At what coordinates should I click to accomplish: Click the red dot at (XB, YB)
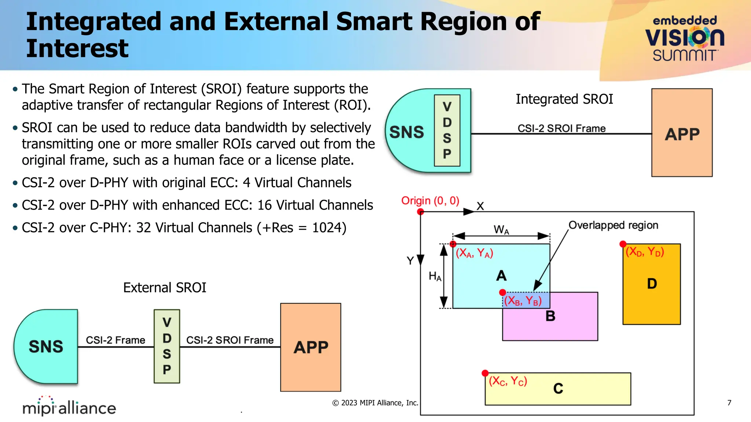(x=503, y=292)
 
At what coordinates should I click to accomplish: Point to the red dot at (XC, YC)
(x=485, y=373)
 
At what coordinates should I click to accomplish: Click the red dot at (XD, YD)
(x=623, y=244)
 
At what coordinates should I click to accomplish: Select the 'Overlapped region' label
(x=613, y=225)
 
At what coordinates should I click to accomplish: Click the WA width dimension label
(x=501, y=230)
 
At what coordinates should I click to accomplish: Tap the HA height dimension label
(x=435, y=276)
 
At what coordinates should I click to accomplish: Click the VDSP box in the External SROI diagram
(x=167, y=346)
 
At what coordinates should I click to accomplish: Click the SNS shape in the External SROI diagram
(x=46, y=346)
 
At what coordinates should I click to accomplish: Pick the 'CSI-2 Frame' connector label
(x=116, y=340)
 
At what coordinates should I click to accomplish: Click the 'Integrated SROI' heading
(x=564, y=99)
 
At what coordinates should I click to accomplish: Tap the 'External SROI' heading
(x=165, y=288)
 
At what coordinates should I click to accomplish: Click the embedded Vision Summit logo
(x=684, y=38)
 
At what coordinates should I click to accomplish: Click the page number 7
(x=729, y=403)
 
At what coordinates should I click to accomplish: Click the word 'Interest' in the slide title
(x=77, y=49)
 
